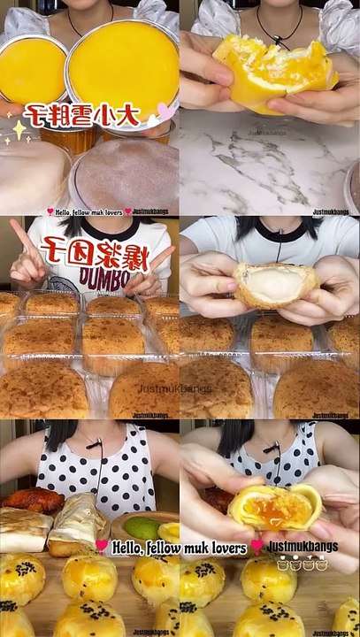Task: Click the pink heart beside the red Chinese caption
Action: [165, 111]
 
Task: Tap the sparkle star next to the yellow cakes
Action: [17, 130]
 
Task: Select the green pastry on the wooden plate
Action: [141, 529]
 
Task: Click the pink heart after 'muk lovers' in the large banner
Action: [257, 547]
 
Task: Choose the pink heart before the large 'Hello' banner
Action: [103, 546]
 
